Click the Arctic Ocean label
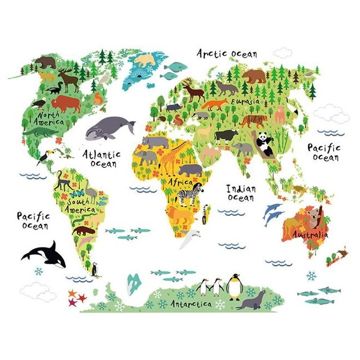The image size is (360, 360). [227, 53]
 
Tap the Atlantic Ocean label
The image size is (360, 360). [101, 159]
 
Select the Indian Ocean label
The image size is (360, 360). [241, 192]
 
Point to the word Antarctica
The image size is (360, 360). [190, 303]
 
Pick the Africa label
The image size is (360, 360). [181, 182]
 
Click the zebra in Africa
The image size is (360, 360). [189, 195]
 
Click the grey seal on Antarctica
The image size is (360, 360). [252, 301]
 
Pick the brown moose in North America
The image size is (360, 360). [69, 80]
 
